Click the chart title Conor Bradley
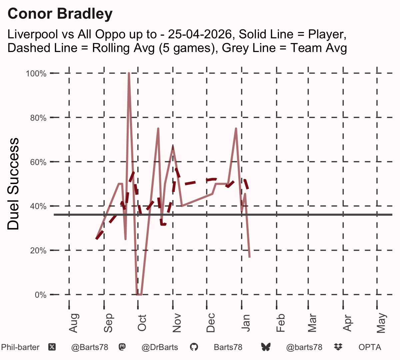(x=60, y=14)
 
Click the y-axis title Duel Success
(x=13, y=184)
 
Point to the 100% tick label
(x=36, y=74)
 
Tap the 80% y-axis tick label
(x=38, y=118)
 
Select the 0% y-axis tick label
(x=41, y=295)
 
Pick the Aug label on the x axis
(x=73, y=323)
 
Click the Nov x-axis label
(x=177, y=323)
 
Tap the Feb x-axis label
(x=281, y=323)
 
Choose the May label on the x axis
(x=381, y=323)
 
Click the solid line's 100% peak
(x=129, y=73)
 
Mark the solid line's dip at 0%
(x=139, y=294)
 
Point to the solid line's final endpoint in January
(x=249, y=257)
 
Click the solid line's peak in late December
(x=236, y=128)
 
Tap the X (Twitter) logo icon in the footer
(x=52, y=347)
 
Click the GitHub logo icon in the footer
(x=194, y=347)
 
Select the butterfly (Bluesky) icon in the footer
(x=266, y=347)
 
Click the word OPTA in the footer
(x=370, y=347)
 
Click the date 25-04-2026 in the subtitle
(x=200, y=34)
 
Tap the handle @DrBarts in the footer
(x=160, y=347)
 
